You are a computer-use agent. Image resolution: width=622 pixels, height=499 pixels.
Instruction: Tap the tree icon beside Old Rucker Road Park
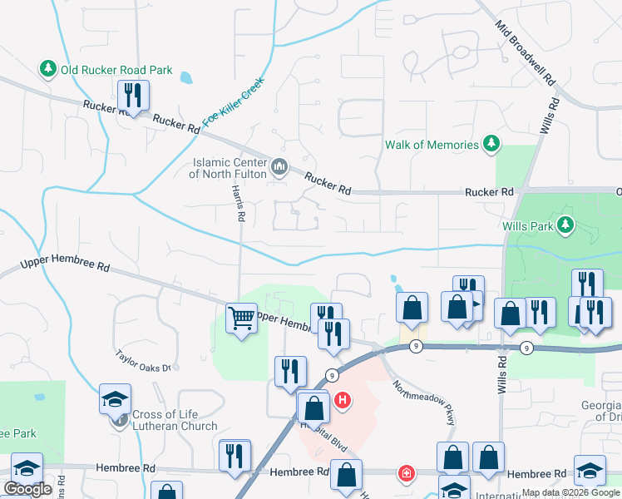[48, 70]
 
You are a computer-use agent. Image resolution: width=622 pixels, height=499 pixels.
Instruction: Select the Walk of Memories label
[432, 145]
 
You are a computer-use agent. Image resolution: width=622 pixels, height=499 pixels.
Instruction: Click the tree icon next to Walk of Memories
[492, 145]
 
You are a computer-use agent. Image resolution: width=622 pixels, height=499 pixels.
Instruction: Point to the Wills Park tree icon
[566, 225]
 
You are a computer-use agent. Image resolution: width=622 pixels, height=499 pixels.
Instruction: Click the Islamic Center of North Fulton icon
[279, 168]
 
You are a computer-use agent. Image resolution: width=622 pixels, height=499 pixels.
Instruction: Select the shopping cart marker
[241, 318]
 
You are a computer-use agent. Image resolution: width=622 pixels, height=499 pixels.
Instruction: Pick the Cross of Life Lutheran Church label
[175, 420]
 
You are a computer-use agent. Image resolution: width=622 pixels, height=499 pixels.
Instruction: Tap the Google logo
[27, 489]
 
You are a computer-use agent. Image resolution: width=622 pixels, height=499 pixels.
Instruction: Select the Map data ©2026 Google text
[570, 493]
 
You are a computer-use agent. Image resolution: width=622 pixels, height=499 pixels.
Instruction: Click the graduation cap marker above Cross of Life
[116, 398]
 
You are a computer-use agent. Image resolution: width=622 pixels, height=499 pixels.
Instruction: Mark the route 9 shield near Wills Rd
[526, 347]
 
